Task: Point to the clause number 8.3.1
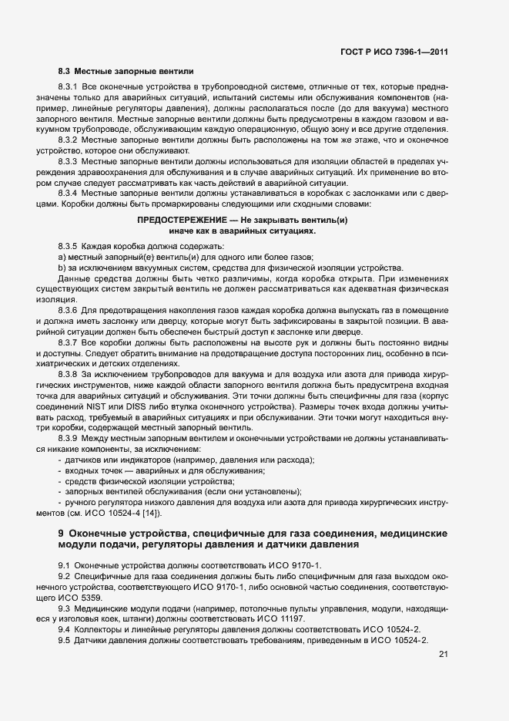tap(69, 87)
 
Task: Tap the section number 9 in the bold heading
tap(61, 534)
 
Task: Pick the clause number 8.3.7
tap(69, 342)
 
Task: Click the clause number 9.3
tap(64, 608)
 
